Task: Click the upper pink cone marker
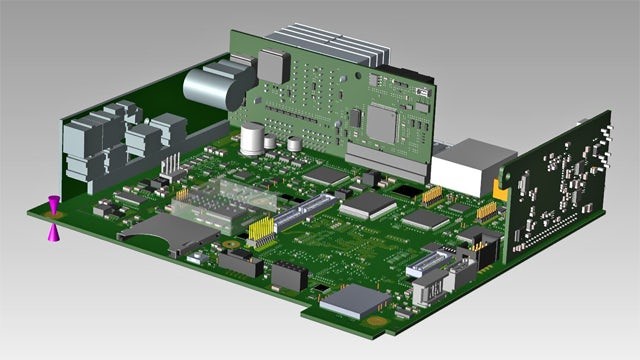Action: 54,203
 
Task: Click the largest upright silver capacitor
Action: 253,139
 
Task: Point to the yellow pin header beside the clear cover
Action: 262,232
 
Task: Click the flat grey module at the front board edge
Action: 354,299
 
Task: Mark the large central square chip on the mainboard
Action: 368,205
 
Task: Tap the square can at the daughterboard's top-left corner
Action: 273,65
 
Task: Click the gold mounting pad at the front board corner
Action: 377,322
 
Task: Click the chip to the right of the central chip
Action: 425,218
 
